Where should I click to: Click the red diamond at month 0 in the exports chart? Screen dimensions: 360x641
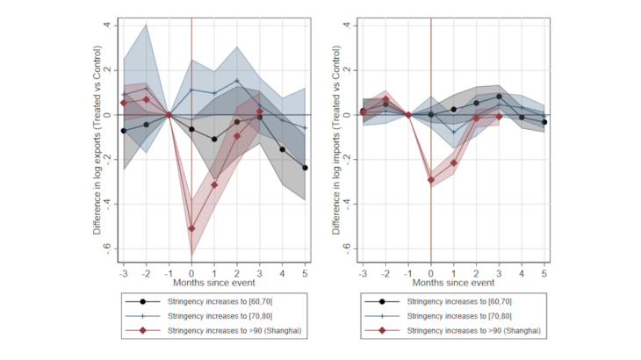[191, 228]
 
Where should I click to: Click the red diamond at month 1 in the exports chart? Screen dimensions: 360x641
[214, 185]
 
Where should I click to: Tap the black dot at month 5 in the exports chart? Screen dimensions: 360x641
[306, 168]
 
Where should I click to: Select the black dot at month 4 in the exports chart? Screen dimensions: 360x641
[283, 149]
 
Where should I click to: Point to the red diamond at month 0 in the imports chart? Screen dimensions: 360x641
[431, 180]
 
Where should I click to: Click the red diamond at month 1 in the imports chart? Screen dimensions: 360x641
[454, 162]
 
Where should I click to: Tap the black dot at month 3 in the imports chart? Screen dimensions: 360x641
[499, 97]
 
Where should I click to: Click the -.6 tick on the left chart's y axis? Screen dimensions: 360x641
[108, 249]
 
